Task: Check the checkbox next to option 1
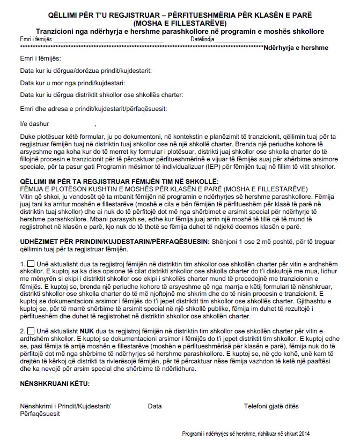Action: pos(31,264)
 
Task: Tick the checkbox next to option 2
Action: pos(31,331)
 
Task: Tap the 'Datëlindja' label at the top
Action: pos(202,40)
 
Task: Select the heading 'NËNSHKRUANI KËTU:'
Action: pos(55,384)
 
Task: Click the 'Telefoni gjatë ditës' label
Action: pos(271,406)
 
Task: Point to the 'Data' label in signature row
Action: pos(155,406)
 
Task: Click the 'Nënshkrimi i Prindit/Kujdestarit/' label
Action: pos(65,406)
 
